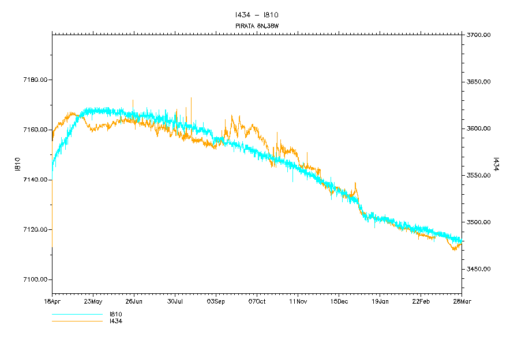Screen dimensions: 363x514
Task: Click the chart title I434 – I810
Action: coord(257,15)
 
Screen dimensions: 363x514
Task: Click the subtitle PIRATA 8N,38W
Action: coord(257,26)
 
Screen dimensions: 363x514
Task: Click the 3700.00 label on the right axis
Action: coord(478,35)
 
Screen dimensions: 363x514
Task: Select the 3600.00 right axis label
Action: coord(478,128)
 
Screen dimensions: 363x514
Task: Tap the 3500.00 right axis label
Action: coord(478,222)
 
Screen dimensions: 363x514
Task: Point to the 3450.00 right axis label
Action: coord(478,269)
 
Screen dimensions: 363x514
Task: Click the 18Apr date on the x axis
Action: coord(52,301)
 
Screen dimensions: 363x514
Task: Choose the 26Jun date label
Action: coord(134,301)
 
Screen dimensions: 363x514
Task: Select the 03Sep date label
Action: coord(216,301)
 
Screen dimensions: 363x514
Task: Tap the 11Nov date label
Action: coord(298,301)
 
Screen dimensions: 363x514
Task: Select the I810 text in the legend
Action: coord(115,315)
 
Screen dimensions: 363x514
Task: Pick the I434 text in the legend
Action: coord(115,322)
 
